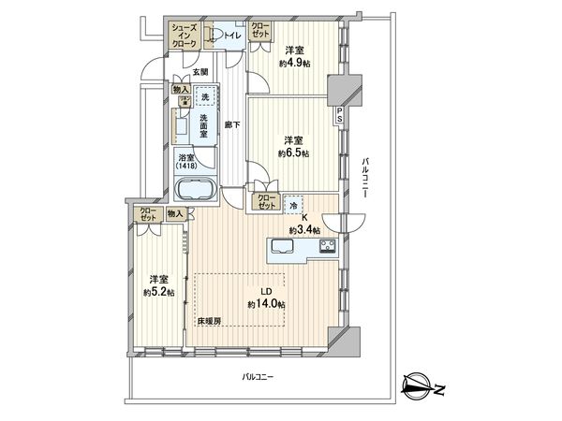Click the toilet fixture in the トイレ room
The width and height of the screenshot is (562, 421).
click(216, 36)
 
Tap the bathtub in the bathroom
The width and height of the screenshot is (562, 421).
click(197, 191)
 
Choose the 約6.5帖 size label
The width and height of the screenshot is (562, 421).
click(294, 152)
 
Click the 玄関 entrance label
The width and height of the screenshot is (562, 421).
click(200, 71)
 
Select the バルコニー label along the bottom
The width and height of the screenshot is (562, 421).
click(257, 377)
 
